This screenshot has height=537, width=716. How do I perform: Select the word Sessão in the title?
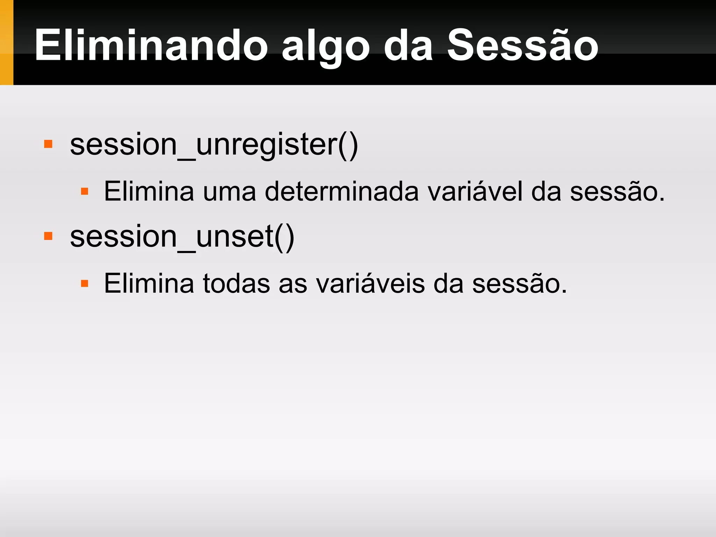(523, 45)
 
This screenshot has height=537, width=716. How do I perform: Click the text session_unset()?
(182, 237)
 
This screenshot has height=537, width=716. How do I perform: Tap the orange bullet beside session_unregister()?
(48, 144)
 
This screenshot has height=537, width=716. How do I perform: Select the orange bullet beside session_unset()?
(48, 236)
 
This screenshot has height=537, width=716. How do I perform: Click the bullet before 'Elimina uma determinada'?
(84, 191)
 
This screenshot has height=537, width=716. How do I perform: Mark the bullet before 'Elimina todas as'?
(84, 283)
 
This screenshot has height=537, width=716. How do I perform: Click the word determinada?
(342, 192)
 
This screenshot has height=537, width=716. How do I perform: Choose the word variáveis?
(371, 283)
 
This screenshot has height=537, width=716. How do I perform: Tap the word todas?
(236, 283)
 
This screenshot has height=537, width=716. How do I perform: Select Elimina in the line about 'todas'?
(149, 283)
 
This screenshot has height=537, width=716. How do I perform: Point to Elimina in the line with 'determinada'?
(149, 191)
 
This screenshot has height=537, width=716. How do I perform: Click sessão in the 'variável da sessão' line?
(617, 192)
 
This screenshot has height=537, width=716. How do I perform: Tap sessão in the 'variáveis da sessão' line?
(519, 283)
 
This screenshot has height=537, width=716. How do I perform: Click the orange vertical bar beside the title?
(6, 42)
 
